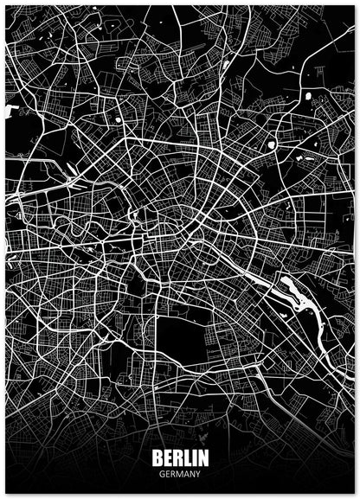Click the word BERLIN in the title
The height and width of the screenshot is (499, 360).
pos(180,458)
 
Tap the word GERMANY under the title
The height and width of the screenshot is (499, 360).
pos(180,474)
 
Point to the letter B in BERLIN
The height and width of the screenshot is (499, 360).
pos(157,458)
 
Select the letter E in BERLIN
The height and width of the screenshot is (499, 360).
pos(167,458)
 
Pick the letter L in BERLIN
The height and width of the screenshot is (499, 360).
pos(186,458)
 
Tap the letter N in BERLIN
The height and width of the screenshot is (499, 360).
pos(202,458)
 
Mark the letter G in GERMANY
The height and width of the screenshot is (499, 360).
pos(162,474)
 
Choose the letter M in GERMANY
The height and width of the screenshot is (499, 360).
pos(181,474)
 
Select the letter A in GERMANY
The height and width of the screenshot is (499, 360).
pos(187,474)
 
